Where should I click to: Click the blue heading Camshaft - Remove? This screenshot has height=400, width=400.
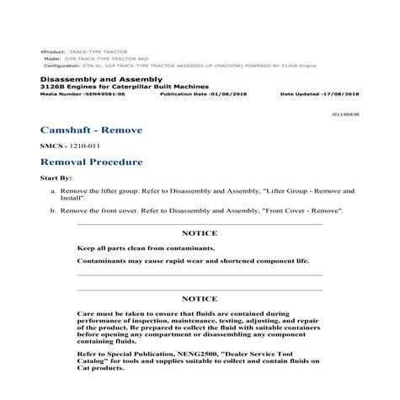[91, 131]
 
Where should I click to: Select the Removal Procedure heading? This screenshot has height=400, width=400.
[91, 162]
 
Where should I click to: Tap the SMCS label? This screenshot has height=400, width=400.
[51, 146]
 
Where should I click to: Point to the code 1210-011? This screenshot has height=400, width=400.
[85, 146]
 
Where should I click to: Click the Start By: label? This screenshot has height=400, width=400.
[55, 179]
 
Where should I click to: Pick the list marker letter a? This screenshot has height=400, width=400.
[53, 192]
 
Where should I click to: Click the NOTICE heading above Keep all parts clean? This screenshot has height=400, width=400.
[200, 232]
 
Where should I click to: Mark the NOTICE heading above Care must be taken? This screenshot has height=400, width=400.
[200, 298]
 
